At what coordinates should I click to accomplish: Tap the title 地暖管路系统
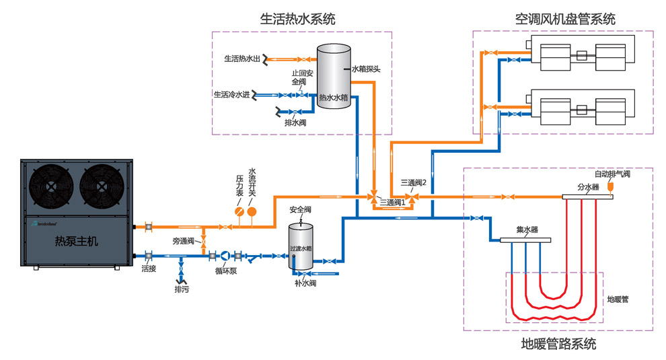pyautogui.click(x=558, y=345)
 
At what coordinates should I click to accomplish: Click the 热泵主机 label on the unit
pyautogui.click(x=75, y=241)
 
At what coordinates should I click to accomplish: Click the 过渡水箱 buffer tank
pyautogui.click(x=301, y=246)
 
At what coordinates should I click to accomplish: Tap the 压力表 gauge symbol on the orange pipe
pyautogui.click(x=239, y=211)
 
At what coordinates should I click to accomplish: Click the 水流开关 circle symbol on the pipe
pyautogui.click(x=252, y=211)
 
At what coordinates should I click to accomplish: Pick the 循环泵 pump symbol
pyautogui.click(x=225, y=256)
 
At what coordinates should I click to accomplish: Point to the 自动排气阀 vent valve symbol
pyautogui.click(x=611, y=186)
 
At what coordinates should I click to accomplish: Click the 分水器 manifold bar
pyautogui.click(x=587, y=197)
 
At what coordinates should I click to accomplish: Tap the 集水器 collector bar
pyautogui.click(x=525, y=240)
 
